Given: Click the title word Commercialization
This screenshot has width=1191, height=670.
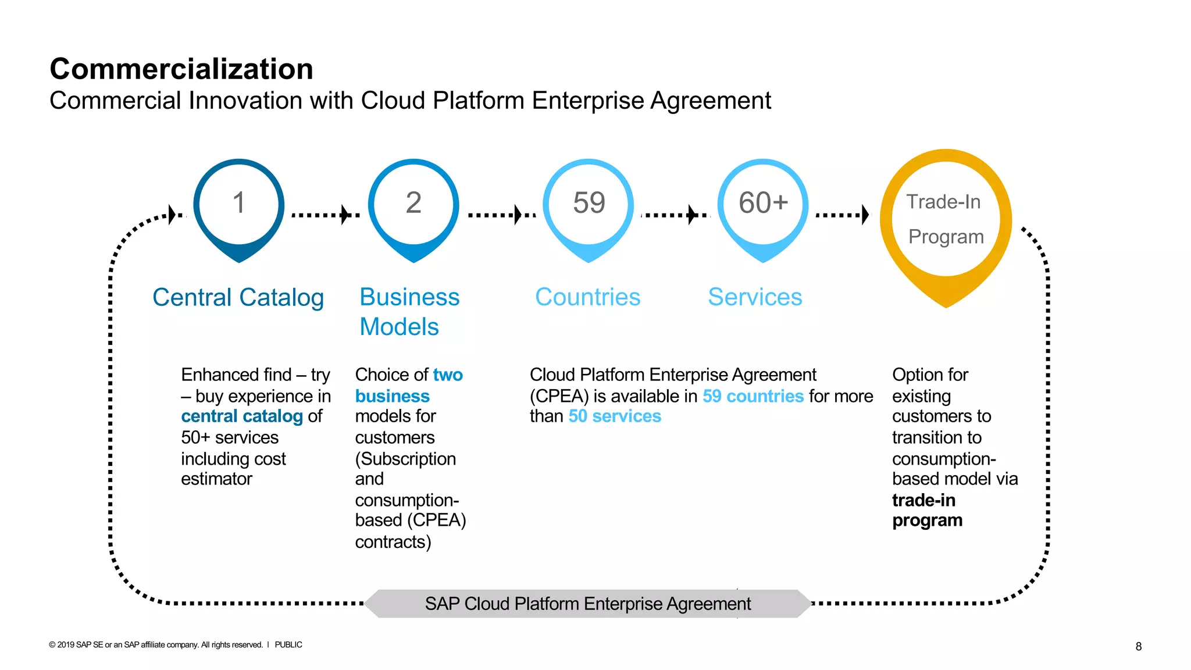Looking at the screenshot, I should [181, 69].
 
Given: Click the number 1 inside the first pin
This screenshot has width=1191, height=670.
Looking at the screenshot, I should [238, 203].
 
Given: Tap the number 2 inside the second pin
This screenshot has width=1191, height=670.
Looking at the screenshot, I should [413, 203].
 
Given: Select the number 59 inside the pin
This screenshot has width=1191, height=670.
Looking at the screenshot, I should [589, 203].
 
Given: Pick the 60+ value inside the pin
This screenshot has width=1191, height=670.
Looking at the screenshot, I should [763, 203].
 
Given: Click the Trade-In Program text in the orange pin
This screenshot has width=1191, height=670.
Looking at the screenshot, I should [945, 219].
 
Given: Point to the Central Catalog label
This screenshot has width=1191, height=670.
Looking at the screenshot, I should [238, 297].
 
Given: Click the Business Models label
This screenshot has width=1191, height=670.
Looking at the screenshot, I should [409, 312].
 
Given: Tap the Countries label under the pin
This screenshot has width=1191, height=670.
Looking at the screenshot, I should [587, 297].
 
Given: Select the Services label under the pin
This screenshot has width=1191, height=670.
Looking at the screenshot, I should [755, 297].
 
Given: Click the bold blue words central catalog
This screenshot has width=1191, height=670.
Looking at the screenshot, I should [242, 416].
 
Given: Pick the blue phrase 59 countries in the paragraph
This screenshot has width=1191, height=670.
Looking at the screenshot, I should [753, 396].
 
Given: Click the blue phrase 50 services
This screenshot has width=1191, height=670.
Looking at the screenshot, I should [615, 416].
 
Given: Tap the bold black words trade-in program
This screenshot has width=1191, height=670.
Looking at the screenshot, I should [927, 510].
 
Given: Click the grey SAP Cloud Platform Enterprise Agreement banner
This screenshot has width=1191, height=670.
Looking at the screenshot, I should [587, 604].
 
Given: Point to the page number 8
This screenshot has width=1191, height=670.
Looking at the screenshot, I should [1138, 646].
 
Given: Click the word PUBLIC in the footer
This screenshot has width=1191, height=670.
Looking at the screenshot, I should [288, 645].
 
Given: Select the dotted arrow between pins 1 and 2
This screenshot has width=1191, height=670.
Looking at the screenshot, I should [325, 215].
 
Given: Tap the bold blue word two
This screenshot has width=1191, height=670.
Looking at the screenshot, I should [448, 375].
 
